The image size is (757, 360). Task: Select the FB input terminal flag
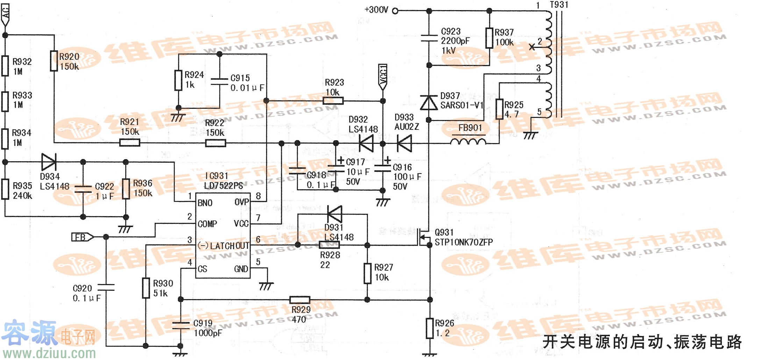(82, 237)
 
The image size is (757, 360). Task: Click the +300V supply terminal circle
(395, 11)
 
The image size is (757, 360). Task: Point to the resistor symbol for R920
(54, 61)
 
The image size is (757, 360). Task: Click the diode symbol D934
(49, 162)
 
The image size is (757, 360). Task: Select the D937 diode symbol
(429, 103)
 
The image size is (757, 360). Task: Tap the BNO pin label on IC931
(205, 203)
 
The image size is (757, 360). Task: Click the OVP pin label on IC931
(241, 202)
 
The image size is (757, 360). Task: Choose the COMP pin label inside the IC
(207, 224)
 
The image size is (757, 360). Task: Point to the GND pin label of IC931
(241, 269)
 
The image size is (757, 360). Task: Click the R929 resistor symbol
(300, 299)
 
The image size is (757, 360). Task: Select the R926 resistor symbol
(430, 328)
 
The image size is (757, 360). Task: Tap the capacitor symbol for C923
(429, 38)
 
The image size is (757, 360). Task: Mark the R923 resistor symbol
(333, 101)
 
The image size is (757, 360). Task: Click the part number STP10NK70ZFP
(464, 242)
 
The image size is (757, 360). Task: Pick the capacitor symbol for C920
(106, 287)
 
